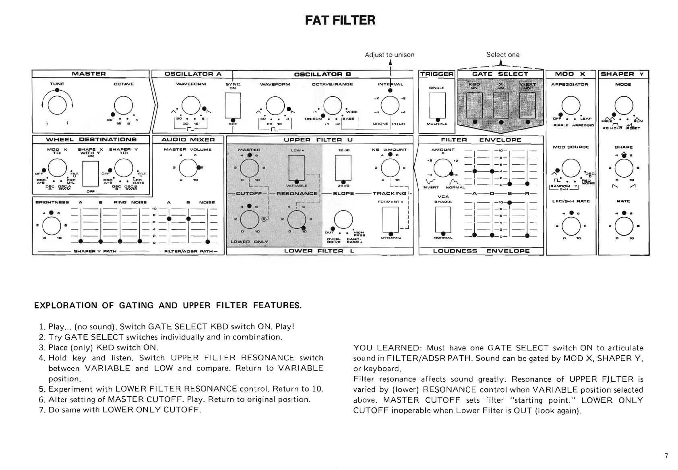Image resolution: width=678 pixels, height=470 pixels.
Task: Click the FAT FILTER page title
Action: coord(340,20)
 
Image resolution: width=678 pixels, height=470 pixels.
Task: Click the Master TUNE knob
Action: coord(57,106)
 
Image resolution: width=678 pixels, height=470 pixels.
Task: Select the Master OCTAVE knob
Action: coord(123,106)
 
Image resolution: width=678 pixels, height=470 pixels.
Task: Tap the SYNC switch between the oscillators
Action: coord(233,105)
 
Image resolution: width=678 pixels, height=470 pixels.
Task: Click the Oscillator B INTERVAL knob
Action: coord(390,106)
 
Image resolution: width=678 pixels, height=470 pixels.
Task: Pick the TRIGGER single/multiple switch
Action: coord(437,106)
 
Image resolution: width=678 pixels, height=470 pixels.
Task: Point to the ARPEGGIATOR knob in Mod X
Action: coord(571,106)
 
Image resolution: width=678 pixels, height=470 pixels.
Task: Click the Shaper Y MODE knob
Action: coord(624,106)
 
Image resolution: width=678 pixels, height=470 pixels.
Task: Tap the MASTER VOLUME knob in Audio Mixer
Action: coord(188,168)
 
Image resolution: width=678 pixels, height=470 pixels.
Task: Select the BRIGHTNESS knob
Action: coord(52,226)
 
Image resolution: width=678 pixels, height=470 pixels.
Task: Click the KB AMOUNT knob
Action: coord(390,168)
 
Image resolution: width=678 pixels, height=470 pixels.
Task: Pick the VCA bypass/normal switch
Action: coord(443,219)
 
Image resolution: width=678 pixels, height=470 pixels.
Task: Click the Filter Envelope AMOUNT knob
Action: coord(443,168)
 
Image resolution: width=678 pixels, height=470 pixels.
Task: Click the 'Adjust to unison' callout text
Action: coord(389,55)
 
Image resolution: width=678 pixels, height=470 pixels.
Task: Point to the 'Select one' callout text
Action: coord(502,55)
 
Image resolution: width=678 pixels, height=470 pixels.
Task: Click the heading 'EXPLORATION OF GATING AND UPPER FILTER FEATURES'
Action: coord(168,305)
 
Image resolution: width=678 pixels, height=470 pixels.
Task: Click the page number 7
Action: coord(666,456)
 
